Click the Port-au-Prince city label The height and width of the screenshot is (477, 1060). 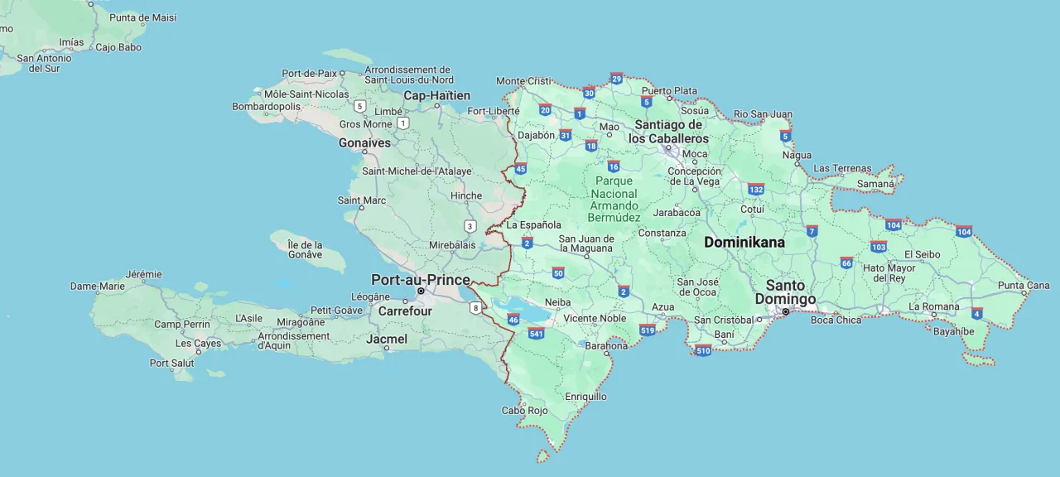[x=420, y=280]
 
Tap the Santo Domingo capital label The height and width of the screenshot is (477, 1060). [x=785, y=292]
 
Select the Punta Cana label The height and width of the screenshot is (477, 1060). [x=1024, y=286]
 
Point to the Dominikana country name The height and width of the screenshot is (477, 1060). [x=744, y=243]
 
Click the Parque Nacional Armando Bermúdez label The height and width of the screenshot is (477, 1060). [x=614, y=199]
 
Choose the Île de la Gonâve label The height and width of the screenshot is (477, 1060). [x=305, y=249]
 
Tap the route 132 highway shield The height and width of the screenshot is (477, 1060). [x=755, y=189]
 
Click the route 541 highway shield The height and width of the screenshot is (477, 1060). [x=536, y=334]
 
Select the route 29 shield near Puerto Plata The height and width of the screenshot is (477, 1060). [x=616, y=79]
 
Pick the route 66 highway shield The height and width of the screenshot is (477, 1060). [x=846, y=263]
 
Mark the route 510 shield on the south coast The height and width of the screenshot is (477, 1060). [x=703, y=350]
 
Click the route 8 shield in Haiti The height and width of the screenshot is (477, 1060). [x=475, y=308]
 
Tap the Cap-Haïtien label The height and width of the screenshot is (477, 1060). [x=436, y=96]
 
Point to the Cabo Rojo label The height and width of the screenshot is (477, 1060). [x=525, y=411]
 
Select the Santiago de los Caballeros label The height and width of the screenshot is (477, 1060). [x=668, y=132]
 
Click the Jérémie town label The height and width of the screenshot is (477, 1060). [x=143, y=274]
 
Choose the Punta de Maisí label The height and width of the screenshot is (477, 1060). [x=142, y=17]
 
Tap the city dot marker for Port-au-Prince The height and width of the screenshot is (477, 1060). [x=421, y=291]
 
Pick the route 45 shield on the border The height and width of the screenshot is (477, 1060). [x=520, y=169]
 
